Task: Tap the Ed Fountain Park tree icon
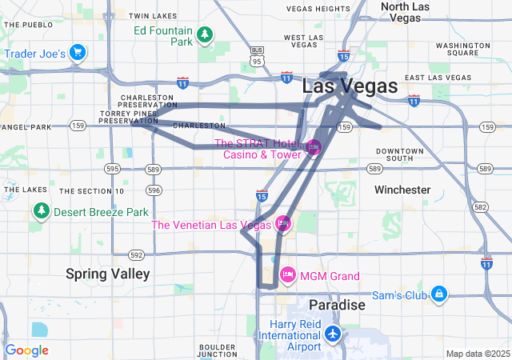pos(206,34)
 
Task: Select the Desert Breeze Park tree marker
pos(41,211)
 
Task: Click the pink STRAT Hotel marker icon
pos(314,146)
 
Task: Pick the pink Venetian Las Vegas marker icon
pos(282,223)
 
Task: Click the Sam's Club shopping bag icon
pos(438,294)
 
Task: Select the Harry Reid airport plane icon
pos(333,332)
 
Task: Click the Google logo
pos(26,350)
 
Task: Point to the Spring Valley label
pos(107,274)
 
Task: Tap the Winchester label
pos(402,190)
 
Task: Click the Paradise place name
pos(337,305)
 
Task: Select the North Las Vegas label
pos(412,11)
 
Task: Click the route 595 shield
pos(112,169)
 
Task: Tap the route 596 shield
pos(154,190)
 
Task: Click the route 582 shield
pos(480,206)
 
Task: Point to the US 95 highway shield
pos(256,60)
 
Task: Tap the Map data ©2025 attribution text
pos(477,353)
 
